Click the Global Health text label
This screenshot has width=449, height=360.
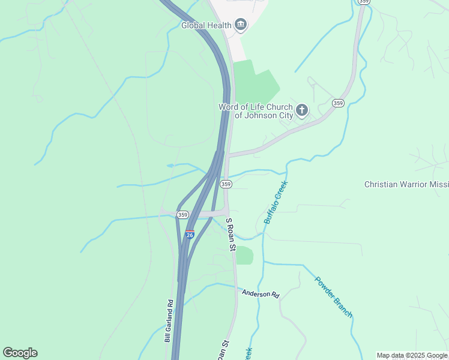(206, 25)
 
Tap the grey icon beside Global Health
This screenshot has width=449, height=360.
(241, 24)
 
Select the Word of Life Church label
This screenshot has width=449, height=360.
(255, 110)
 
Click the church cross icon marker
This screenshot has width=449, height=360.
(302, 110)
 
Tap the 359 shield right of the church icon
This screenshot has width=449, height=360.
(338, 103)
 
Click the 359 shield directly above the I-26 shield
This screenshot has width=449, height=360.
(183, 214)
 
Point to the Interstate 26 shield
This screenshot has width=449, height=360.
(190, 234)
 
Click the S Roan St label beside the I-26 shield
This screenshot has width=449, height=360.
(230, 235)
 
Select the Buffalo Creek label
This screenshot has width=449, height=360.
(276, 202)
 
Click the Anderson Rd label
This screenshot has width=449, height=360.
(261, 294)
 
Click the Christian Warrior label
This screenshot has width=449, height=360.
(406, 184)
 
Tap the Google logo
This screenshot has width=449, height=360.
(20, 353)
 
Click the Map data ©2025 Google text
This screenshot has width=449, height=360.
(412, 355)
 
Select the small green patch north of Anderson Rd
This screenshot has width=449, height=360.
(244, 256)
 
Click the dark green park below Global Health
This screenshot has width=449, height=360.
(255, 82)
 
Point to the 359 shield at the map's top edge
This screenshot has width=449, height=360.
(363, 2)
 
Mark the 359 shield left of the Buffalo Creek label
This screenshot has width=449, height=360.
(226, 184)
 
